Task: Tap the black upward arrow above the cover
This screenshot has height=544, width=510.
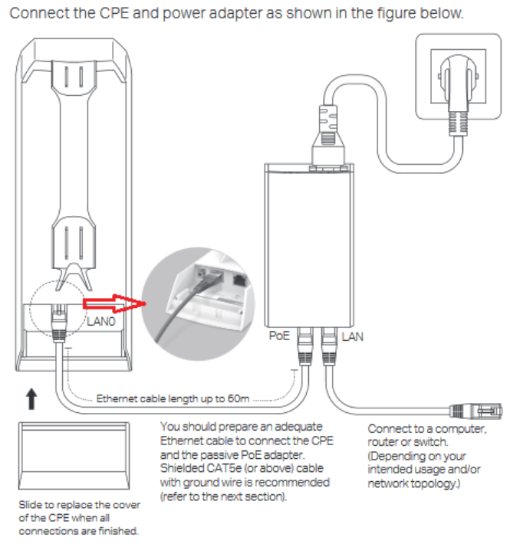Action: [x=31, y=398]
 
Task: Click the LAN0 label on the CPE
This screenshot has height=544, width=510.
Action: [x=100, y=322]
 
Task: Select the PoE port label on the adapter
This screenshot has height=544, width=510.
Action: [x=279, y=336]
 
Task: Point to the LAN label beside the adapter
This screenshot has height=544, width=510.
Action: [x=352, y=336]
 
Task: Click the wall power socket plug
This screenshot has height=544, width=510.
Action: [x=458, y=94]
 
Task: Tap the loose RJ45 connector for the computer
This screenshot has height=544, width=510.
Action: [x=476, y=411]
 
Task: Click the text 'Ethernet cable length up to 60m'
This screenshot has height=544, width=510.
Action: [x=173, y=398]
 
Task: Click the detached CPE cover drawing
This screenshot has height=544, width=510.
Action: [x=74, y=456]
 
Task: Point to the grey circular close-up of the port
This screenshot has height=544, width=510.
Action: [x=198, y=303]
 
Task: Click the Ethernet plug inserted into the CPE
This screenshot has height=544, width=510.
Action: [x=59, y=323]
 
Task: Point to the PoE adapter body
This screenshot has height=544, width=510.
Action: [x=309, y=245]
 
